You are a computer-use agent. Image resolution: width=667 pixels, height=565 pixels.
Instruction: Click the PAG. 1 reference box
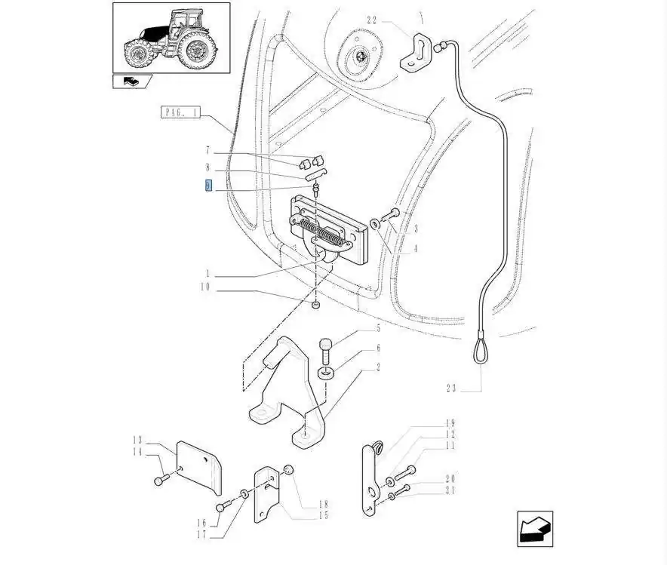click(180, 112)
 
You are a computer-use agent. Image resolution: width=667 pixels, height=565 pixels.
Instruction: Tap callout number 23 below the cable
click(451, 389)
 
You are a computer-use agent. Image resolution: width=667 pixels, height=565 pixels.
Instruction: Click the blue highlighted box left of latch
click(209, 186)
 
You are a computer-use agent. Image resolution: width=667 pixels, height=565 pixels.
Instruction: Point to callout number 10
click(205, 287)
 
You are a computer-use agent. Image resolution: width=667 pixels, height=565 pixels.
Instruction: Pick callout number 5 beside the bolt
click(377, 328)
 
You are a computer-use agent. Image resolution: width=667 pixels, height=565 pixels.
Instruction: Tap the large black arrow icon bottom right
click(535, 528)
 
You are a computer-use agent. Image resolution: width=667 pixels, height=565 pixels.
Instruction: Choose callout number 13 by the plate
click(137, 440)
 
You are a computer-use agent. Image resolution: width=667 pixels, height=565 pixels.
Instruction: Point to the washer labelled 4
click(375, 223)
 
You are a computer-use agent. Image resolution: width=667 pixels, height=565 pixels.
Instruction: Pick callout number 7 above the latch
click(208, 150)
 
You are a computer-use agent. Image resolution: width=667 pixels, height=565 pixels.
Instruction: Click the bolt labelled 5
click(325, 350)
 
